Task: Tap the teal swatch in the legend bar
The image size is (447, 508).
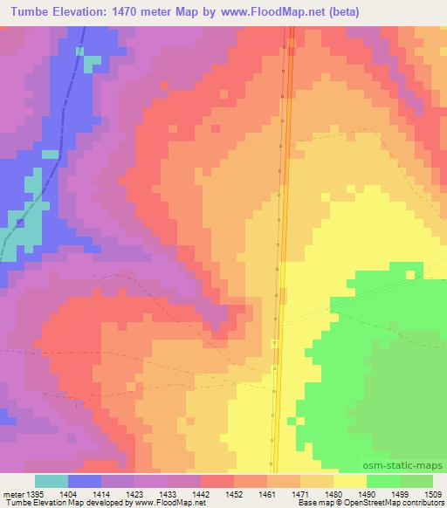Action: tap(52, 481)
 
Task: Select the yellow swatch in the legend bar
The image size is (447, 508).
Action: tap(350, 481)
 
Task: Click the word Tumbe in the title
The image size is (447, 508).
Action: tap(25, 11)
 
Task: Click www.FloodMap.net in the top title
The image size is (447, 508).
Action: tap(282, 11)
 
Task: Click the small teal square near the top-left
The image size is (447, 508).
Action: tap(79, 51)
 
